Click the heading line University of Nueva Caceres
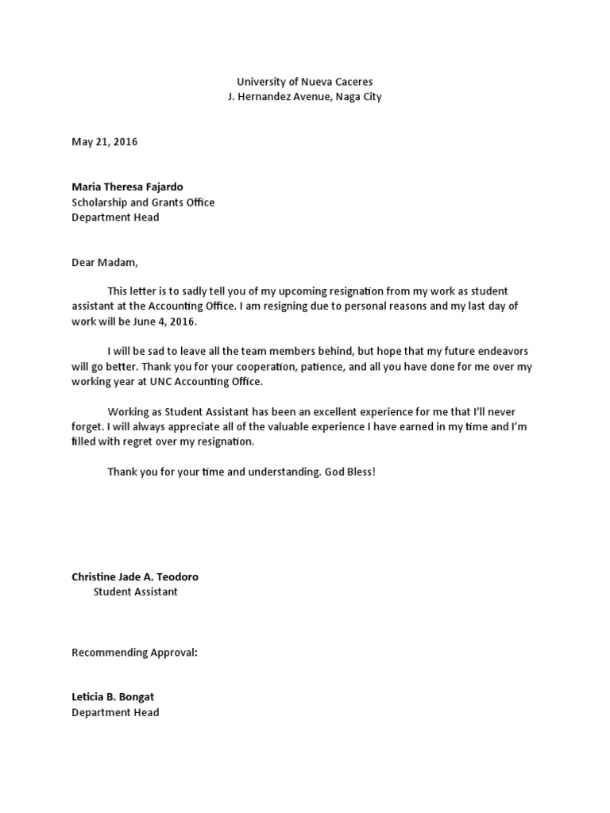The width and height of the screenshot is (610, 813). tap(304, 82)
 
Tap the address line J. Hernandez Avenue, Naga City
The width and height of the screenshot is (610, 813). tap(304, 97)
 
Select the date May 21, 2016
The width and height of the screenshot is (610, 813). tap(104, 142)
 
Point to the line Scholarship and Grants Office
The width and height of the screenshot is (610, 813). tap(143, 202)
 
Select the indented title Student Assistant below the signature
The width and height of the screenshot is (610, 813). tap(136, 591)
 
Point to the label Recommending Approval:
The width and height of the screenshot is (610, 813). tap(134, 652)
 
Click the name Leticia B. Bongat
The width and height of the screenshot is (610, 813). tap(113, 697)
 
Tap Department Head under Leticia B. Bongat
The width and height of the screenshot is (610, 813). tap(115, 712)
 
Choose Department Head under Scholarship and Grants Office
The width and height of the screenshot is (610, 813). tap(115, 218)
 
